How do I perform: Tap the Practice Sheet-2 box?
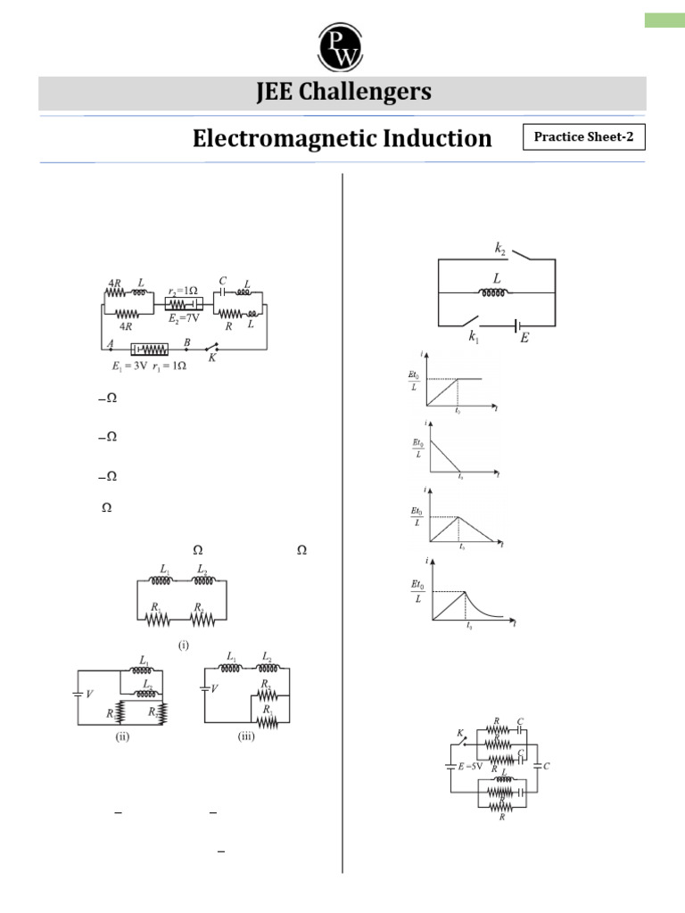point(583,137)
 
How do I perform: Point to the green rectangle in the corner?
point(664,20)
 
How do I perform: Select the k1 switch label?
point(474,337)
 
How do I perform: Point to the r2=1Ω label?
point(185,291)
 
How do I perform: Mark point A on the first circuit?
point(110,341)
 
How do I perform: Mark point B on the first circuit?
point(186,341)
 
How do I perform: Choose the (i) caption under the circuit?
point(184,645)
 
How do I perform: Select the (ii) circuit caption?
point(124,736)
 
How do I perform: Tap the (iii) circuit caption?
point(246,736)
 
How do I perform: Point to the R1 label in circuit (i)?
point(157,605)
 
